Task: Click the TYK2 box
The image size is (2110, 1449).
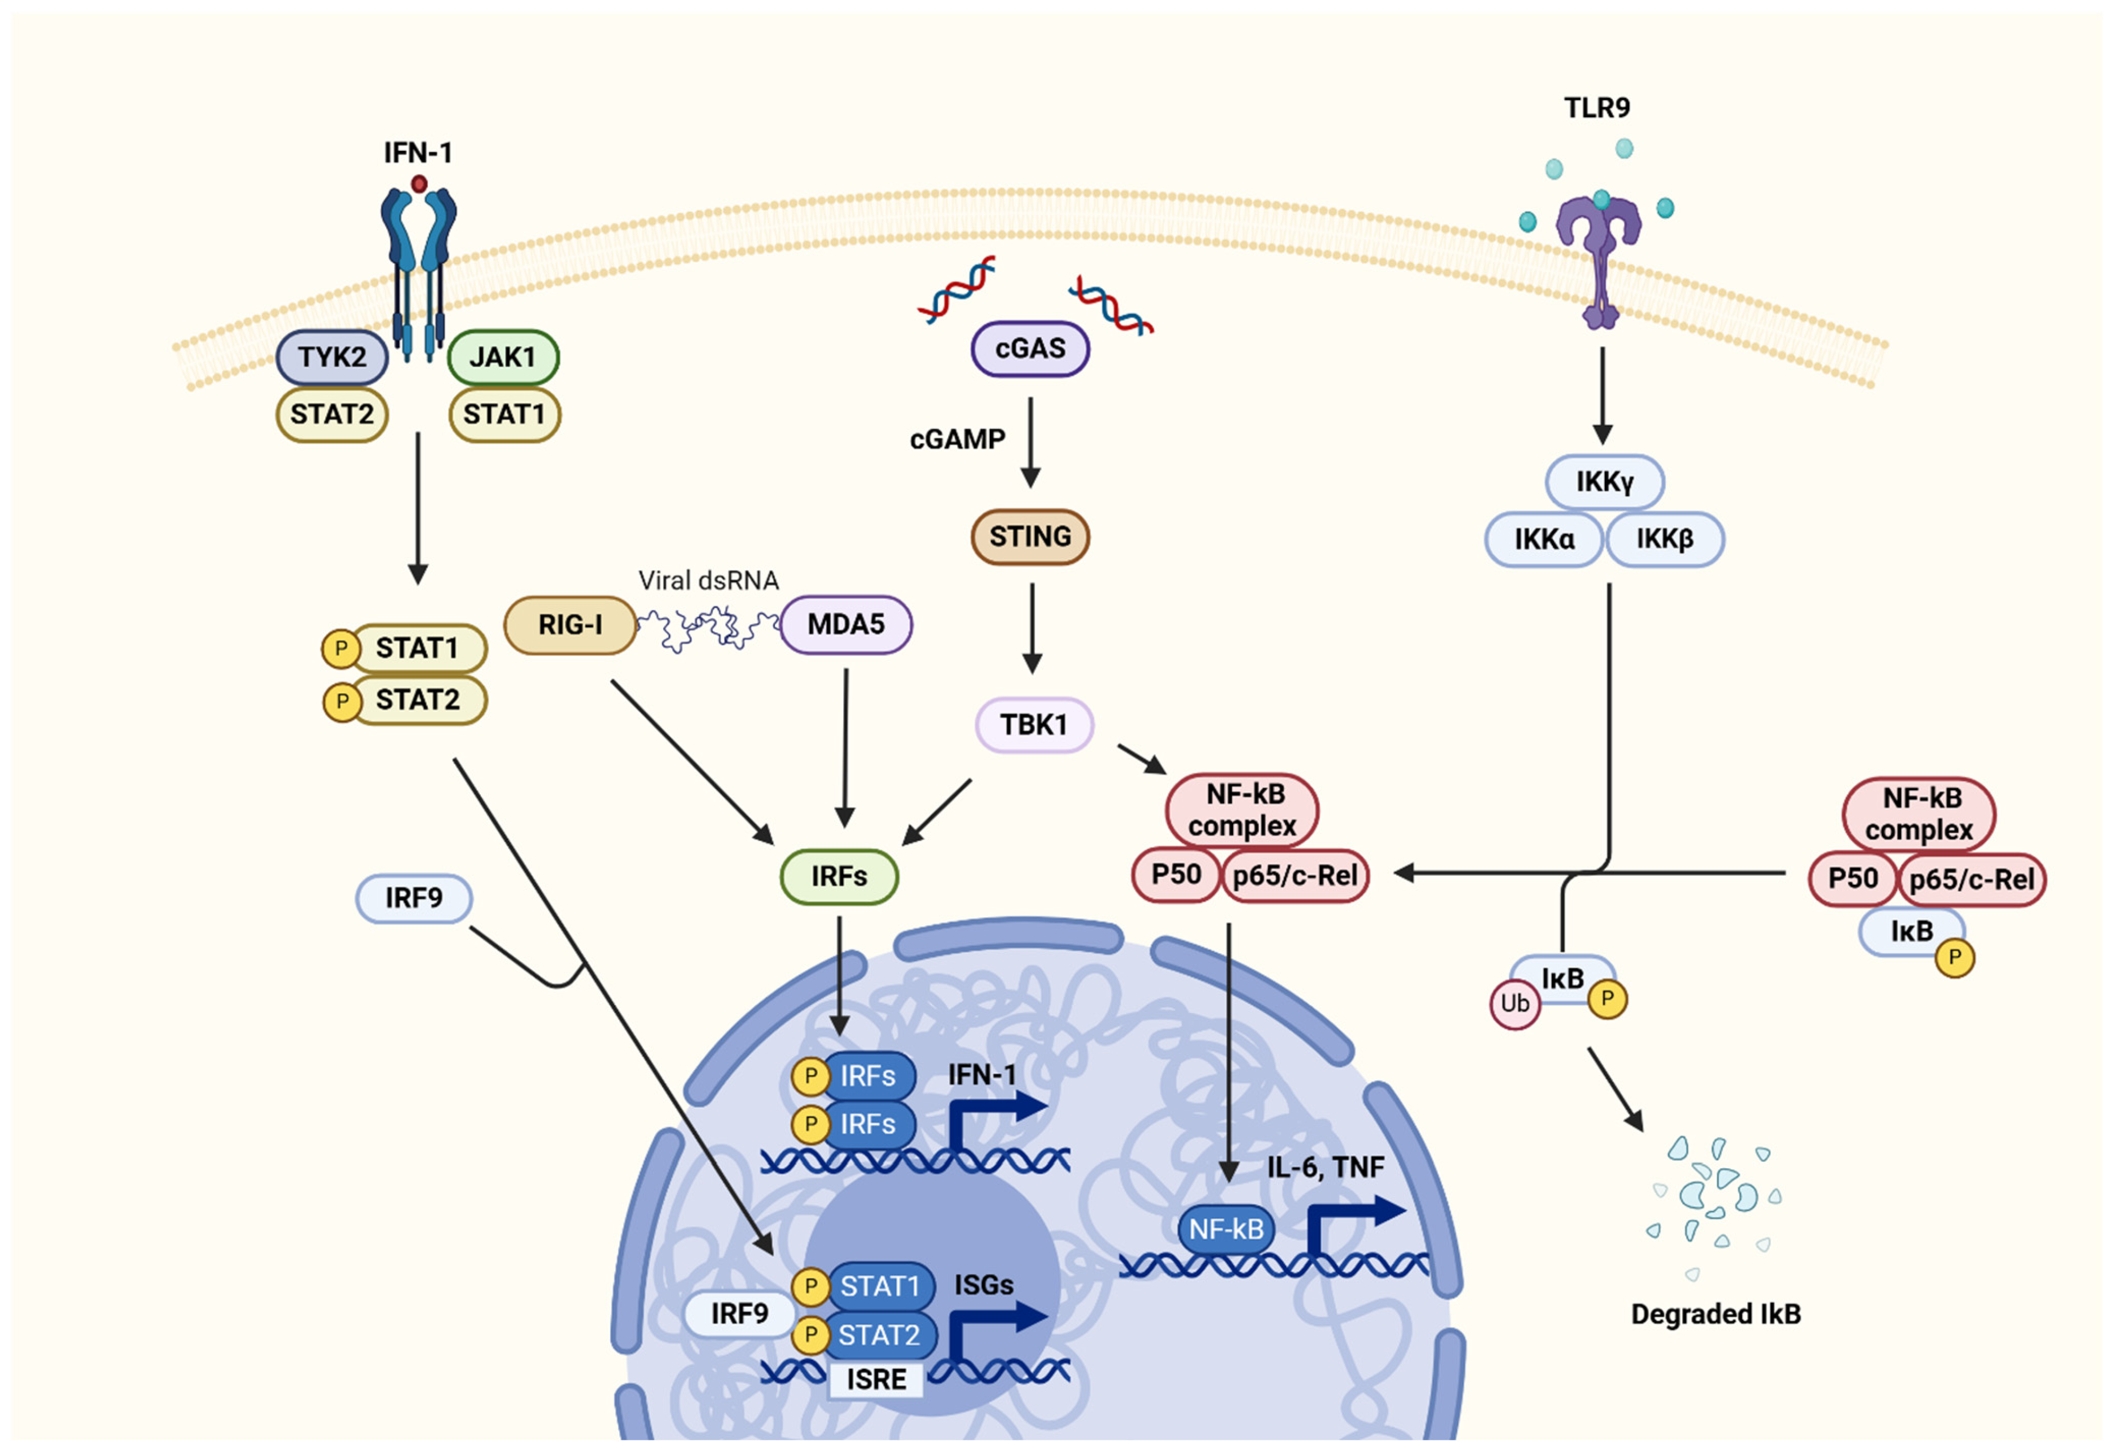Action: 332,357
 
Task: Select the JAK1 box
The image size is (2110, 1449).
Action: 503,357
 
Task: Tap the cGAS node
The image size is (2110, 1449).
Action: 1030,349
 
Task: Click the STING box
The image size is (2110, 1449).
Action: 1030,537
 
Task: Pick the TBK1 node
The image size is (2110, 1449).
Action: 1034,725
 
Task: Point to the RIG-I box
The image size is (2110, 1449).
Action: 570,625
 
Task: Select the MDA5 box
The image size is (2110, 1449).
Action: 846,625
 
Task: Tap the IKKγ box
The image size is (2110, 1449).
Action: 1604,482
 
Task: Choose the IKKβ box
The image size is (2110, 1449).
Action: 1664,539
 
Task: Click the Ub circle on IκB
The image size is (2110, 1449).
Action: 1514,1003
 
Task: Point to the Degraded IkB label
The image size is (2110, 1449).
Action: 1715,1314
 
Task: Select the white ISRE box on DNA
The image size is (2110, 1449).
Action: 876,1379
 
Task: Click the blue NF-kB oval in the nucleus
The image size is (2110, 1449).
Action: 1227,1229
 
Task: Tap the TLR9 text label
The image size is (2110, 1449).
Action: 1597,108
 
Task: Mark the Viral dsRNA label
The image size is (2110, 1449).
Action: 708,580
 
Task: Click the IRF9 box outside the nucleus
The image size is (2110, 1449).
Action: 414,898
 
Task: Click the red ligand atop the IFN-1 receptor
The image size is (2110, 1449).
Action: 419,184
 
